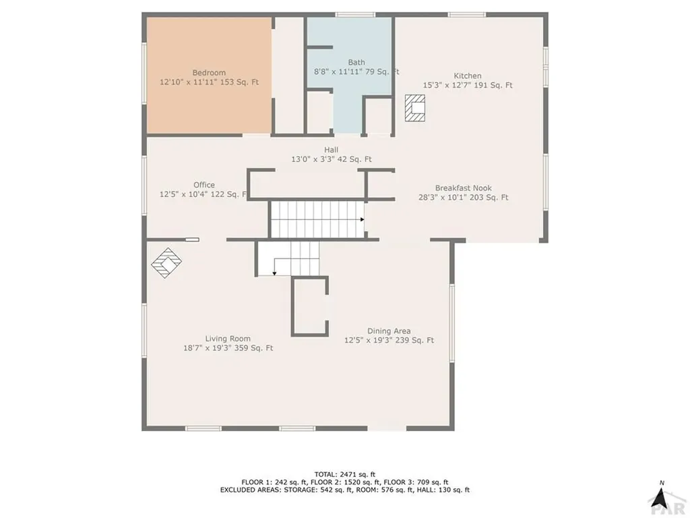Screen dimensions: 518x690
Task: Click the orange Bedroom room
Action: click(209, 101)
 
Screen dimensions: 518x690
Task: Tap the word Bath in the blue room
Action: click(356, 62)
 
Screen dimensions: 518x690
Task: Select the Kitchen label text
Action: click(467, 76)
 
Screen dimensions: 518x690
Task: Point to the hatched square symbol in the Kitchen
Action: click(415, 108)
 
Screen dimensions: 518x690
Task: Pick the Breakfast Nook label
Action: click(463, 188)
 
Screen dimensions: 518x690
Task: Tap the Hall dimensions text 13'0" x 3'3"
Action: click(313, 160)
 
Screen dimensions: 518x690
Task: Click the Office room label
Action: click(203, 185)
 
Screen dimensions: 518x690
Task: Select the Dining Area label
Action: click(389, 331)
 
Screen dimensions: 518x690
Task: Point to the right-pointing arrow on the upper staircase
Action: click(362, 219)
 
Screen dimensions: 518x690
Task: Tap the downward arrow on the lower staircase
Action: click(274, 272)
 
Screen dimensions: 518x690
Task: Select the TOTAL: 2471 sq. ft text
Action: click(344, 474)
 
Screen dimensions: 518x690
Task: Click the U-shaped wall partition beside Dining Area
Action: click(309, 306)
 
